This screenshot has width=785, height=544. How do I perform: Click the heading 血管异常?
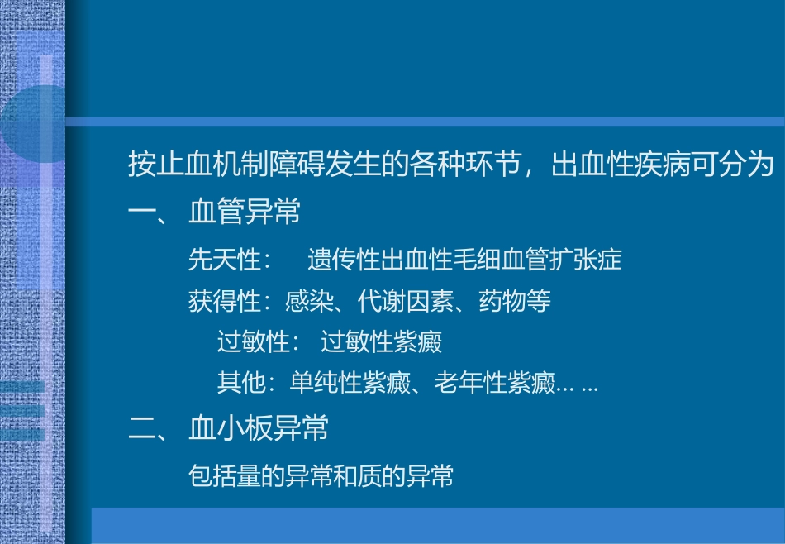[245, 212]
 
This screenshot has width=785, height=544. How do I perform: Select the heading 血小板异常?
[259, 428]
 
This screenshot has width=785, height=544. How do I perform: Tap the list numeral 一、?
[149, 212]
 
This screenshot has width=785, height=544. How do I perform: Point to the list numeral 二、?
[149, 428]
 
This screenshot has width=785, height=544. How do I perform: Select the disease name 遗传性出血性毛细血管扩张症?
[464, 260]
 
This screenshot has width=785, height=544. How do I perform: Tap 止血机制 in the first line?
[204, 165]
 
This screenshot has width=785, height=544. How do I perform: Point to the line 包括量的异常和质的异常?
[321, 476]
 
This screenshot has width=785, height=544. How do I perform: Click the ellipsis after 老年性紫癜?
[578, 385]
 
